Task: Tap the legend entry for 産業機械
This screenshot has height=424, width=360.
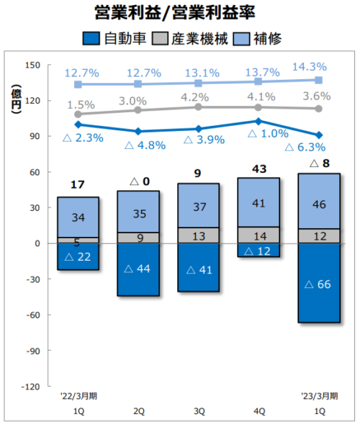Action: pyautogui.click(x=192, y=38)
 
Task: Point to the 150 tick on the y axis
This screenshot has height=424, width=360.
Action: pyautogui.click(x=32, y=65)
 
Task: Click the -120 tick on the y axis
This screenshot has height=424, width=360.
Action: pyautogui.click(x=30, y=387)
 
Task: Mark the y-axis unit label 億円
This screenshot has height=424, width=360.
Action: pyautogui.click(x=15, y=99)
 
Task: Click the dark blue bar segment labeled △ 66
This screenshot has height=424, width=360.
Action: pyautogui.click(x=320, y=283)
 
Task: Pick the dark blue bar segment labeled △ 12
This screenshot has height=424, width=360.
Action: pyautogui.click(x=258, y=251)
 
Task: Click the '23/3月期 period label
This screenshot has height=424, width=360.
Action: pyautogui.click(x=318, y=395)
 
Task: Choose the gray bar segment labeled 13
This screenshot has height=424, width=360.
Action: pyautogui.click(x=198, y=235)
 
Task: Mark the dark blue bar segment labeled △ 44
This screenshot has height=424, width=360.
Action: pyautogui.click(x=139, y=269)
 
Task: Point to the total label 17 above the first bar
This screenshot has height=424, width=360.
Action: pyautogui.click(x=78, y=185)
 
